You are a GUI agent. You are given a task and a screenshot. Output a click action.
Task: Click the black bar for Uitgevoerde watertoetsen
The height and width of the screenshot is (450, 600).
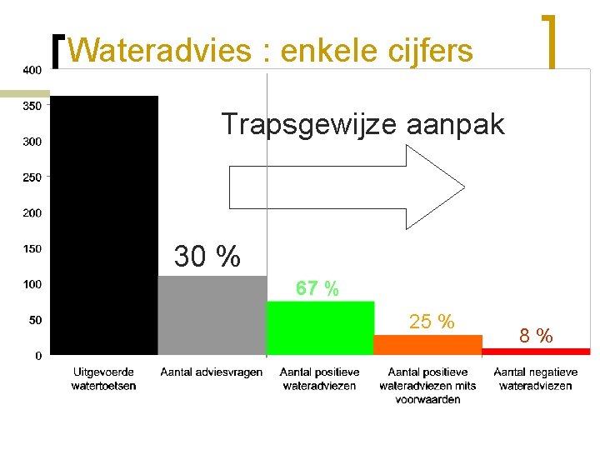click(104, 225)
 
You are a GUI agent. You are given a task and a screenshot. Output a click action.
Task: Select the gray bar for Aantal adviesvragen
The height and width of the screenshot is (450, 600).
click(212, 315)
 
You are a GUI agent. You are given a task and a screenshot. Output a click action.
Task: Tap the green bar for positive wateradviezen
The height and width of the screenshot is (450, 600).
click(320, 328)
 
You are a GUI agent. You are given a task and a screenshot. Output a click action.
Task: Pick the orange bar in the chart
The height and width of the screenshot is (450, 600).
click(427, 345)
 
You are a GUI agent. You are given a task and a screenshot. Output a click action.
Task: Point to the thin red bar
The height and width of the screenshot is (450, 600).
click(536, 352)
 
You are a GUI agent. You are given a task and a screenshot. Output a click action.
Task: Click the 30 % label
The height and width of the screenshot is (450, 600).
click(207, 257)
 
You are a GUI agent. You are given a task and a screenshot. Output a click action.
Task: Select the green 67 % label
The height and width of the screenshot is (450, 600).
click(317, 289)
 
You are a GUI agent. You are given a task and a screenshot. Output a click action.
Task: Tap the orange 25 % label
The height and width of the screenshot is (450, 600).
click(431, 322)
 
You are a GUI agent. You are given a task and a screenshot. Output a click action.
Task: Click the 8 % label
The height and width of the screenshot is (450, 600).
click(536, 336)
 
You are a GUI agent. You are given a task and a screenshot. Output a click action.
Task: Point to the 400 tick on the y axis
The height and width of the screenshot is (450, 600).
click(32, 70)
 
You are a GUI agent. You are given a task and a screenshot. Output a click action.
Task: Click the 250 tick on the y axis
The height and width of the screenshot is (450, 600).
click(32, 177)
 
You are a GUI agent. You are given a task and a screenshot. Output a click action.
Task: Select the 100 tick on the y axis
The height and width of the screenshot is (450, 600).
click(32, 284)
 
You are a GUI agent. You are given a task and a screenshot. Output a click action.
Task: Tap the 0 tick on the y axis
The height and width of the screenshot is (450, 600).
click(38, 356)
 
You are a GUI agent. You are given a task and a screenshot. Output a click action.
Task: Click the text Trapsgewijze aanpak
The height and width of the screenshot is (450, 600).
click(362, 124)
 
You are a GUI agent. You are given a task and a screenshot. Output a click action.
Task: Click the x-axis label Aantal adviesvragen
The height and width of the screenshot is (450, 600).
click(212, 372)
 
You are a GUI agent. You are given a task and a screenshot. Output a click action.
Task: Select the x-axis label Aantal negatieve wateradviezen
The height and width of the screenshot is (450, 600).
click(536, 379)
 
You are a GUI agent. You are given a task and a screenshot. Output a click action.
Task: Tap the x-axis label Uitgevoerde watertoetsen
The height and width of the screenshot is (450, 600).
click(104, 379)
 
